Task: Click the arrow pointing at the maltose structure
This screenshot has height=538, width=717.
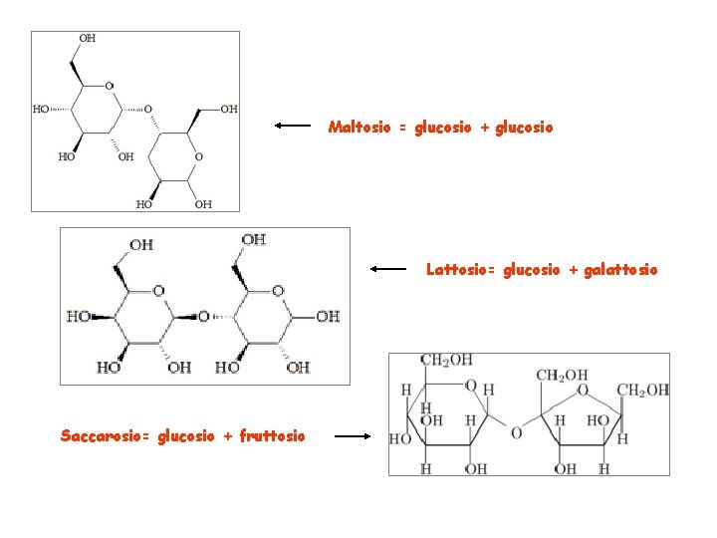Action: coord(294,127)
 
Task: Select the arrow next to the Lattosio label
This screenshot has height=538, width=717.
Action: coord(388,268)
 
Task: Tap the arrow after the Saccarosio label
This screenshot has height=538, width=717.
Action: coord(353,435)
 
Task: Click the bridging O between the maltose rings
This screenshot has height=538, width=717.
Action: coord(148,109)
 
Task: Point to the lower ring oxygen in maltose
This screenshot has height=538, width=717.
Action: coord(198,156)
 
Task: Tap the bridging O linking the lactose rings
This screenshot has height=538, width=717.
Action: coord(203,316)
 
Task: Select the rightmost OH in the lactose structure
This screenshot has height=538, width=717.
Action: coord(328,316)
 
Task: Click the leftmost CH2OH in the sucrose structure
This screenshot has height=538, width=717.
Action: coord(446,360)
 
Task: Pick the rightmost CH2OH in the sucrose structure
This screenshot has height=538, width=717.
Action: coord(642,390)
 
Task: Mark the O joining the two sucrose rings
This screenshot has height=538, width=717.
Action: coord(515,432)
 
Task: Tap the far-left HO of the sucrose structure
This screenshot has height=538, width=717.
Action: coord(399,437)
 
